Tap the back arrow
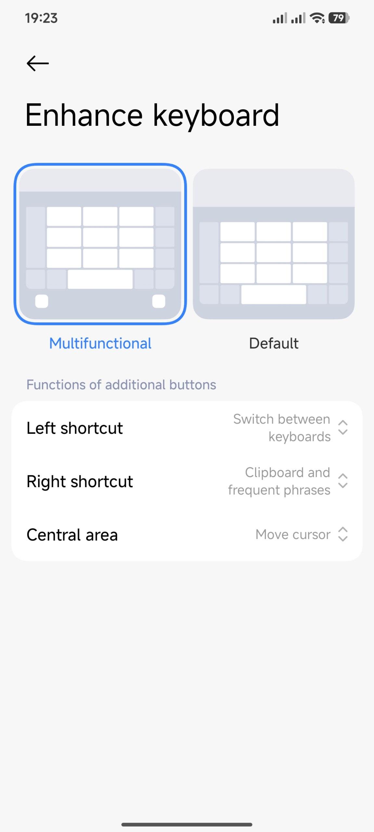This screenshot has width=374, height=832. point(38,63)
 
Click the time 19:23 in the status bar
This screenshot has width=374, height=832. point(41,18)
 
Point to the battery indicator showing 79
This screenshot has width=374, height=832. point(339,18)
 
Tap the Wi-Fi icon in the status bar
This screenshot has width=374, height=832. point(317,18)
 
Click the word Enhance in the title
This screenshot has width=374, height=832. point(84,115)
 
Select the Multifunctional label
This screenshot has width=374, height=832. point(100,344)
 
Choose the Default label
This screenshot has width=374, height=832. point(274,344)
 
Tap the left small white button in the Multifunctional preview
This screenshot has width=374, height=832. point(42,301)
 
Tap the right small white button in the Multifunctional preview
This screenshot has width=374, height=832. point(159,301)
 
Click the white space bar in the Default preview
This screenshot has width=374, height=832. point(274,295)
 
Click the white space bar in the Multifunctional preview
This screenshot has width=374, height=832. point(100,279)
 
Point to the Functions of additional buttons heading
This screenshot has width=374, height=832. point(121,385)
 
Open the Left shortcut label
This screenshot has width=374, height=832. point(75,428)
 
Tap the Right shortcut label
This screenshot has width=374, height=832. point(80,481)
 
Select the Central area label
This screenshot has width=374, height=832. point(72,535)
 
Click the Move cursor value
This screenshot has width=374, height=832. point(293,535)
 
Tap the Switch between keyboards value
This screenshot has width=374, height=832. point(282,428)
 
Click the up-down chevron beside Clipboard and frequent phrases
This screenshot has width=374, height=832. point(343,481)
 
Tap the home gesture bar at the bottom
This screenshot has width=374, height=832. point(187,825)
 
